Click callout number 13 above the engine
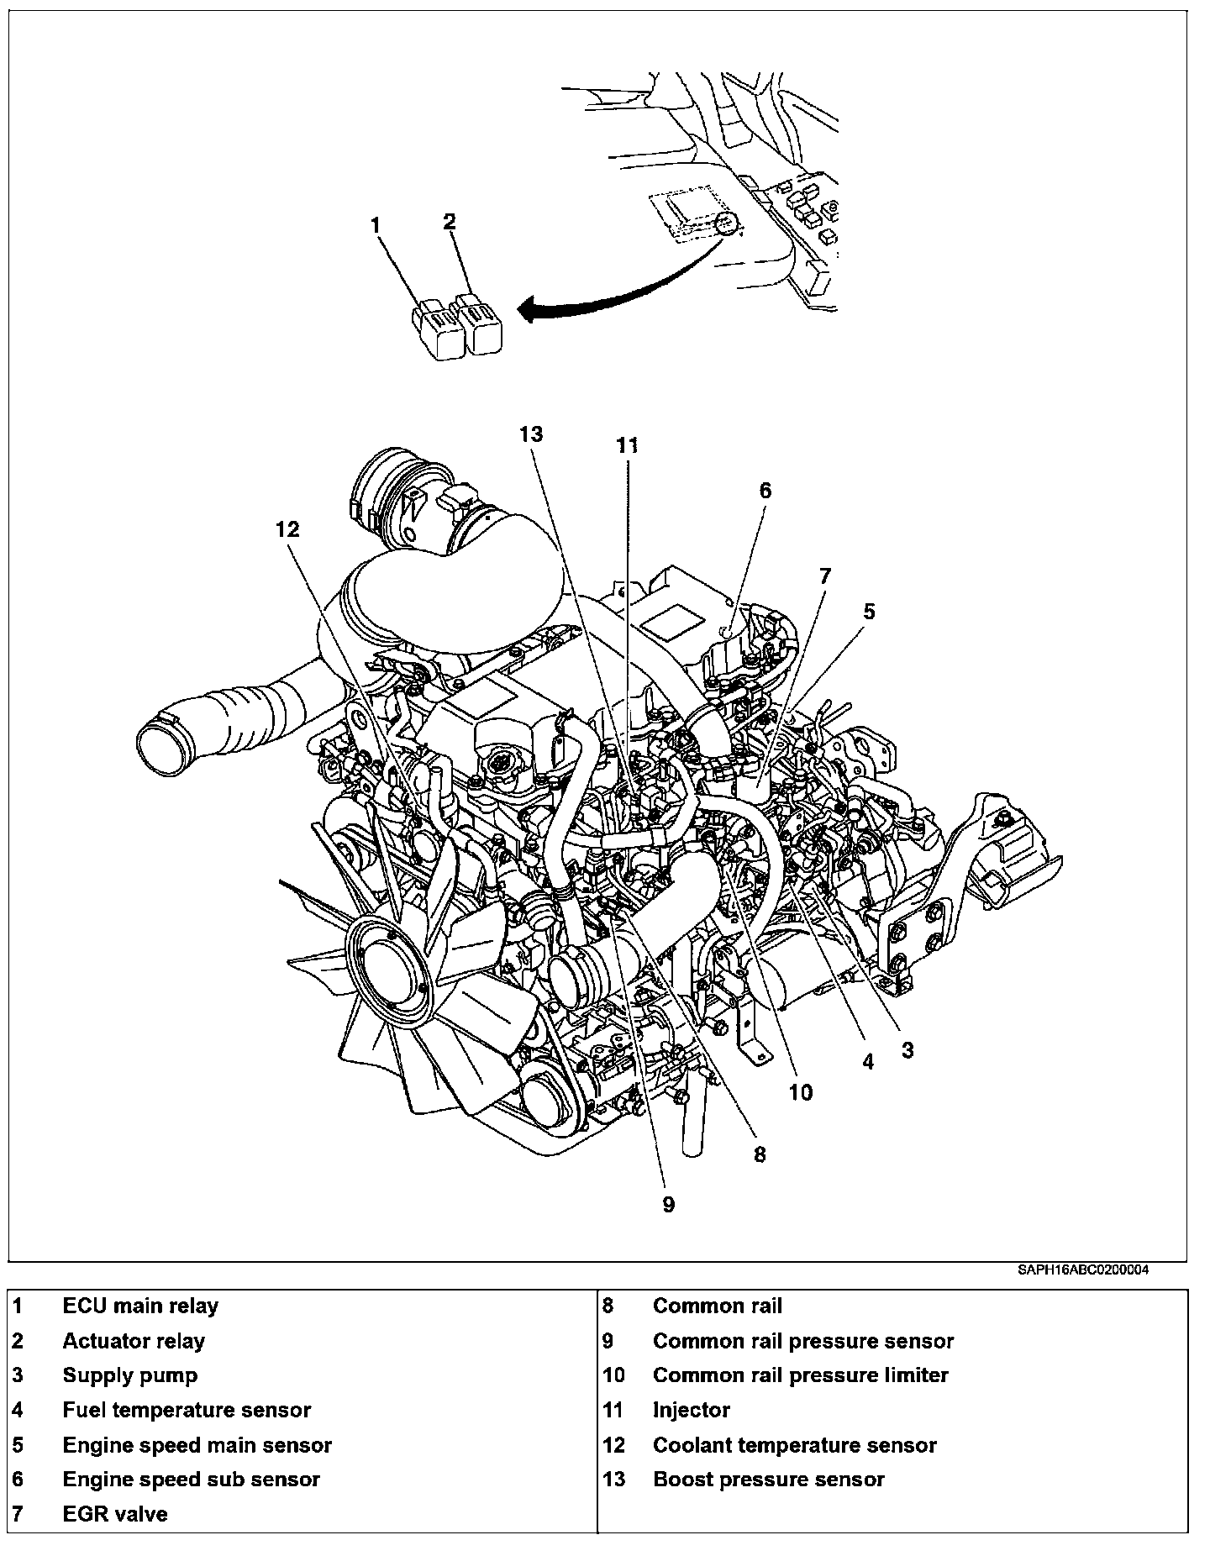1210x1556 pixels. pos(531,434)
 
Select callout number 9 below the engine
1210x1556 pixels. pos(668,1205)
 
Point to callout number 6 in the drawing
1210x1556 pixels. pos(765,490)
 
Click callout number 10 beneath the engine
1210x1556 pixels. pos(800,1092)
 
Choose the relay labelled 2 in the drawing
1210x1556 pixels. pos(480,324)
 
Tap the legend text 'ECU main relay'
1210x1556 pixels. pos(140,1306)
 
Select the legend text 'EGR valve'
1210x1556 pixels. pos(115,1514)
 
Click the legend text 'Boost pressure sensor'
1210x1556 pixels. pos(769,1480)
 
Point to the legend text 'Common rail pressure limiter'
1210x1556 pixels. pos(800,1375)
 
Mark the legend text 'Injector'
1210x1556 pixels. pos(692,1410)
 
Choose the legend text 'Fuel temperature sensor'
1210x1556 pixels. pos(187,1410)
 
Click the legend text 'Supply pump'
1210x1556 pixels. pos(130,1375)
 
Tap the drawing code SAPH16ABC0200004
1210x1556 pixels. pos(1083,1270)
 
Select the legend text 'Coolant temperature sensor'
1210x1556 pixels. pos(794,1445)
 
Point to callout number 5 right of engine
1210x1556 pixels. pos(869,611)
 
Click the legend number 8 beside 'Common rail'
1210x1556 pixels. pos(608,1306)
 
